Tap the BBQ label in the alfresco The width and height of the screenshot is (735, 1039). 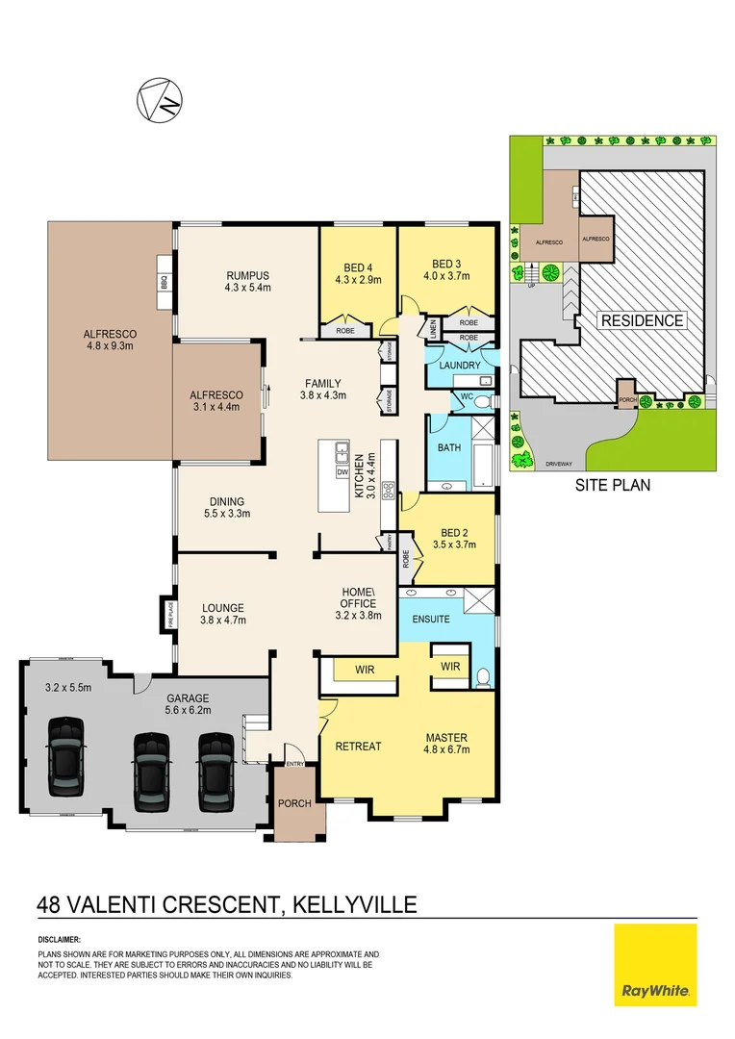tap(165, 283)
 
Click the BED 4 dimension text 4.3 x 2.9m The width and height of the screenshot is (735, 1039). tap(358, 281)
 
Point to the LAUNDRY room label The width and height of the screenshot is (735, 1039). tap(460, 366)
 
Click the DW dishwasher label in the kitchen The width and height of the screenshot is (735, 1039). tap(342, 472)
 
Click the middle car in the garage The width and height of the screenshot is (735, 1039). tap(151, 762)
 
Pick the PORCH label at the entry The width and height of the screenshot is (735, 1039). tap(294, 803)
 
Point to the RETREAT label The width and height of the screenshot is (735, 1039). tap(358, 746)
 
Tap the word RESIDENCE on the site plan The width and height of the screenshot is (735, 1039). tap(642, 320)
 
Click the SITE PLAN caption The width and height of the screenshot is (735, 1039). tap(612, 485)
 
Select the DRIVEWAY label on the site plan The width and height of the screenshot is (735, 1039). tap(561, 464)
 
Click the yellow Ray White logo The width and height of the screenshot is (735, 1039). tap(654, 965)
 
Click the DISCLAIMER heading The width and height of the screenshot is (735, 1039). tap(60, 938)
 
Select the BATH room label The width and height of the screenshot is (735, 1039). tap(449, 447)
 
